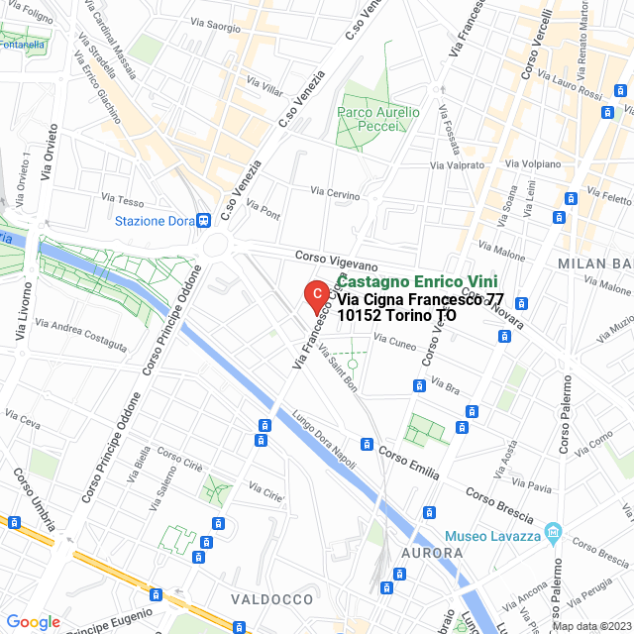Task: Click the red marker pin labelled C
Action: point(315,295)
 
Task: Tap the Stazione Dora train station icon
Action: point(202,220)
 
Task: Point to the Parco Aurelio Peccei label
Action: point(378,120)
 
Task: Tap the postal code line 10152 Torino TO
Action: point(396,315)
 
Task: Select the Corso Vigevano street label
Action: point(337,261)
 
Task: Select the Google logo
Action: point(34,621)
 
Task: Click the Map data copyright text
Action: point(590,626)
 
